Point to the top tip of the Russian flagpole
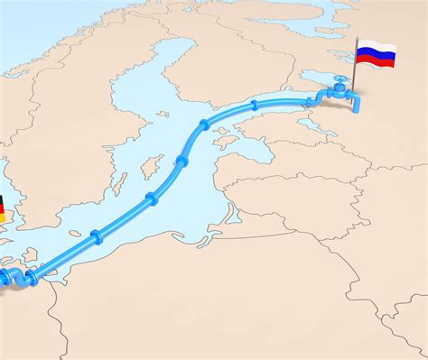pos(357,39)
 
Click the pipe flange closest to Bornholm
pos(95,238)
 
